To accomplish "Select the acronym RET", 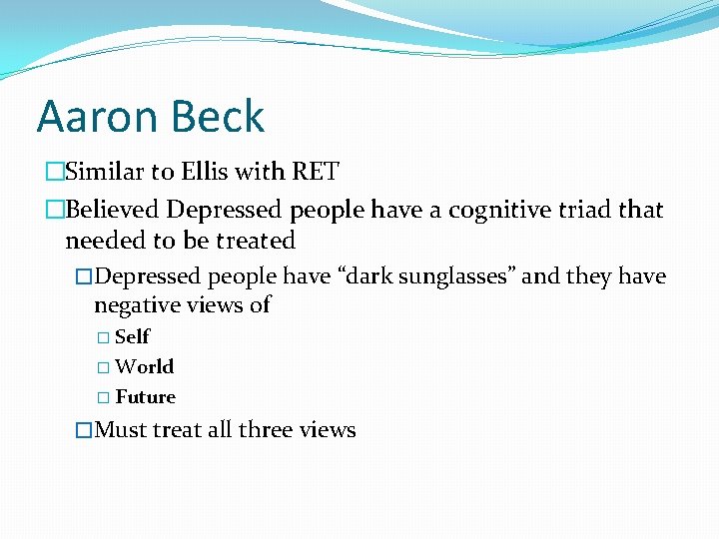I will point(315,172).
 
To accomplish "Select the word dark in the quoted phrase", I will point(369,276).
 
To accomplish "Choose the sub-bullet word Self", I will point(132,336).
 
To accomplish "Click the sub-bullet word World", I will point(144,366).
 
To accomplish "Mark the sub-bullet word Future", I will point(145,396).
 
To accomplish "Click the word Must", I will point(119,430).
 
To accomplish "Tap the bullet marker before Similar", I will point(54,172).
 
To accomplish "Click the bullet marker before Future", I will point(106,397).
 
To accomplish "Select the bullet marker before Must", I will point(85,430).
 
